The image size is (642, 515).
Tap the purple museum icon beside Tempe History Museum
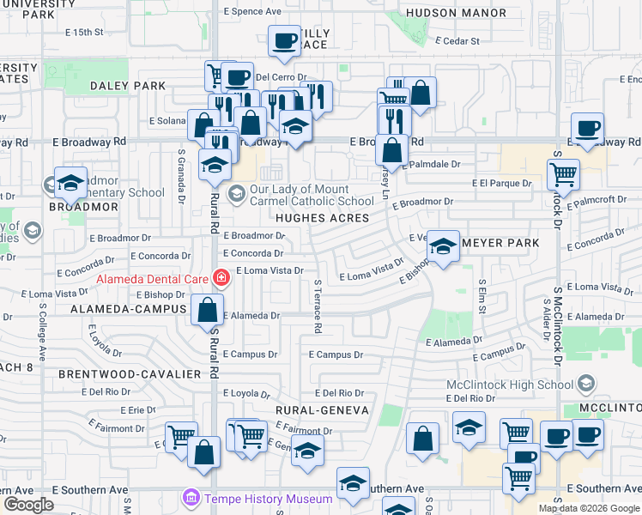[190, 498]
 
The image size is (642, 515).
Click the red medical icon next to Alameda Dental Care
[221, 277]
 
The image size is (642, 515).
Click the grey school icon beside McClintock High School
[587, 382]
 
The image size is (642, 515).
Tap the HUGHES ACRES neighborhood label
[323, 218]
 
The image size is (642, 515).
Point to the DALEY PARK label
[128, 86]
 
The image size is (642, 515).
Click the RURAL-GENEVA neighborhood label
[322, 410]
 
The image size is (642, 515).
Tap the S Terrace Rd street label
[318, 306]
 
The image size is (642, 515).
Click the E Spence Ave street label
[252, 12]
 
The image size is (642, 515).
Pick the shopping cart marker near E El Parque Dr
[563, 174]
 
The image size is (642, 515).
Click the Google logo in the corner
[28, 505]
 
